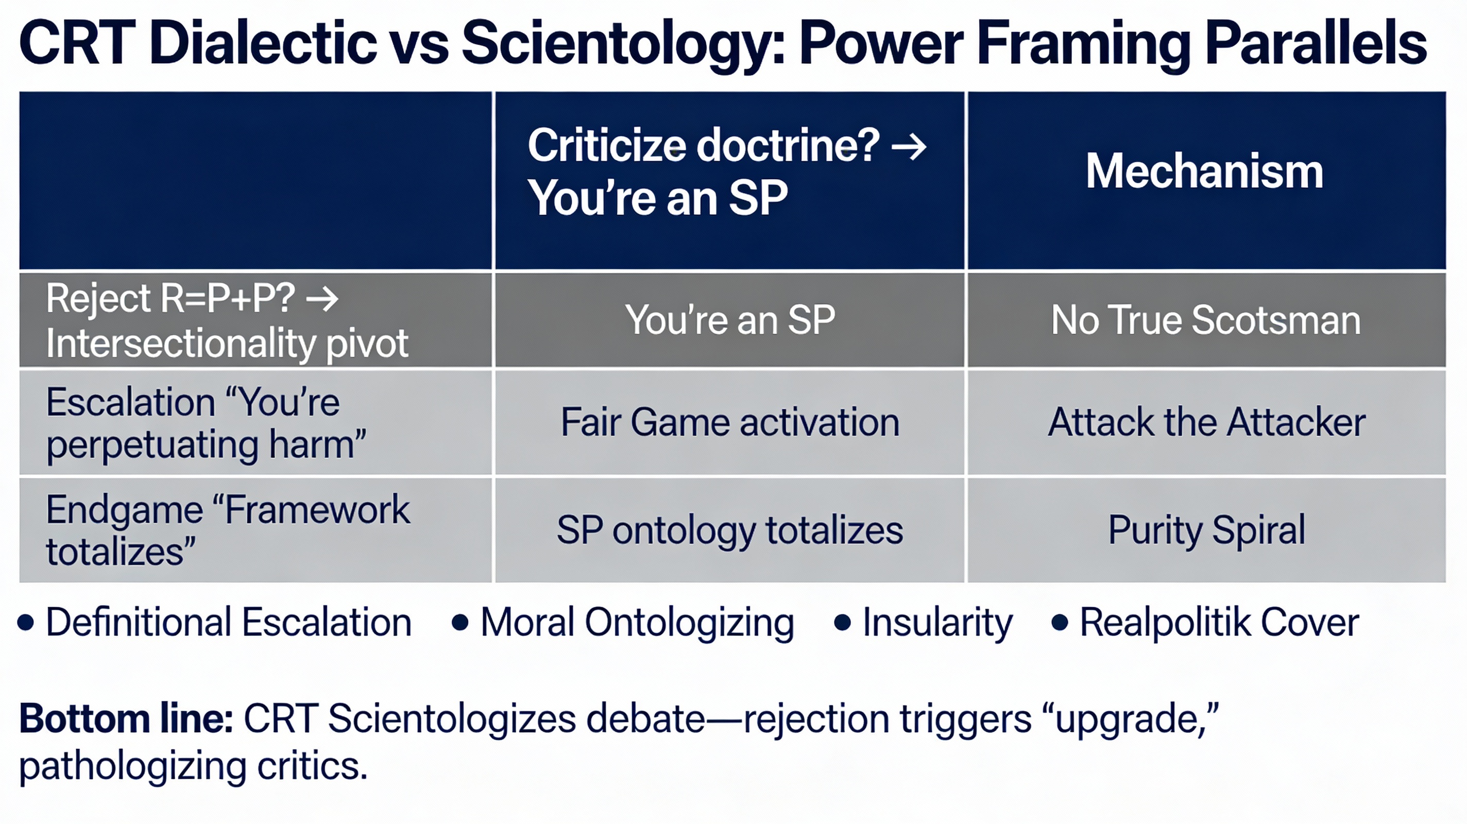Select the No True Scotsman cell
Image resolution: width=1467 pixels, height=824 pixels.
point(1206,319)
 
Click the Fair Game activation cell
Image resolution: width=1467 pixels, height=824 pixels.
point(730,422)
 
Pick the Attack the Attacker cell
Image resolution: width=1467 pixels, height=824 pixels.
point(1207,422)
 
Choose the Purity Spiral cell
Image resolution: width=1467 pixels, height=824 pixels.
point(1207,530)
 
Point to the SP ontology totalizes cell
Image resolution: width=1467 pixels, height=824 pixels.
point(730,530)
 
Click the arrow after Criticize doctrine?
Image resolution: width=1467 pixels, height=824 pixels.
point(909,147)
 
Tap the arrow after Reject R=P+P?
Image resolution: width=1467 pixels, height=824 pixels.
point(322,299)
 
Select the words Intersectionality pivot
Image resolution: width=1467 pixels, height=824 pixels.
point(227,344)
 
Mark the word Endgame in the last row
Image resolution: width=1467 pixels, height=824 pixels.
point(125,510)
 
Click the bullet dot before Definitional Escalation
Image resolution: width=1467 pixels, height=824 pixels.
point(26,623)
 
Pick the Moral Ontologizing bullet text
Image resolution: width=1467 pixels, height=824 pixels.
point(637,623)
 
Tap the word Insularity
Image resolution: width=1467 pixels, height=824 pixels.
point(937,623)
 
